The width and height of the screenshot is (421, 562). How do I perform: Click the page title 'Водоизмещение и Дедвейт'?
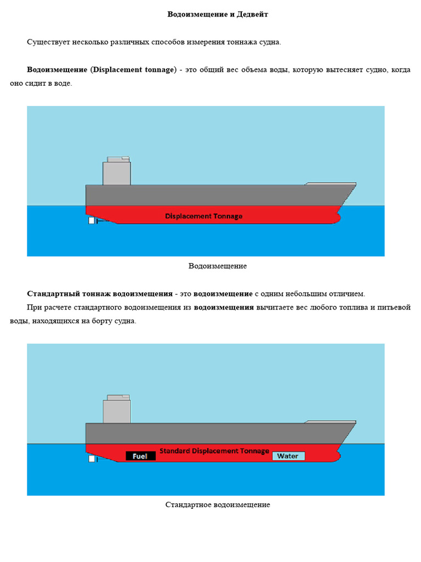coord(218,14)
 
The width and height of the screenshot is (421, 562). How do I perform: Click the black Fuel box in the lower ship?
coord(140,456)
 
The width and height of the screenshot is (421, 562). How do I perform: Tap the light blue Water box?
coord(288,456)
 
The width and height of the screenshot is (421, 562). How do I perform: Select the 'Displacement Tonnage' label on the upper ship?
coord(203,216)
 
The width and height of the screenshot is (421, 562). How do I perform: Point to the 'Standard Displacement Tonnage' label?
coord(214,451)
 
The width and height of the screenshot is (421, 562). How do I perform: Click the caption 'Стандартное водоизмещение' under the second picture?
coord(218,504)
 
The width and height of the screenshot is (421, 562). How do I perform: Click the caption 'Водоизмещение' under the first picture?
coord(218,266)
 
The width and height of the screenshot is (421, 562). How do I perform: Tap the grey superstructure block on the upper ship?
coord(117,173)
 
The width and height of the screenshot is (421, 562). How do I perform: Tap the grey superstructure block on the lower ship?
coord(117,411)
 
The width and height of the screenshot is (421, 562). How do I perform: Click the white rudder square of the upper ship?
coord(92,221)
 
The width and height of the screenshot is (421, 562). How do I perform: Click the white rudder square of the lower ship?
coord(92,459)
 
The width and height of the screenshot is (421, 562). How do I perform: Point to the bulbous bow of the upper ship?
coord(335,218)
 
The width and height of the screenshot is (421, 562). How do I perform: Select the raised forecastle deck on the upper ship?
coord(331,184)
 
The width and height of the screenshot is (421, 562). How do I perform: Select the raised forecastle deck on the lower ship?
coord(331,421)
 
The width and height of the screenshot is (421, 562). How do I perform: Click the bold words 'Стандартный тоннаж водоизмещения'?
coord(100,294)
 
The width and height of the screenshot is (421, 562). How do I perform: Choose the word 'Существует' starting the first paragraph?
coord(45,42)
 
